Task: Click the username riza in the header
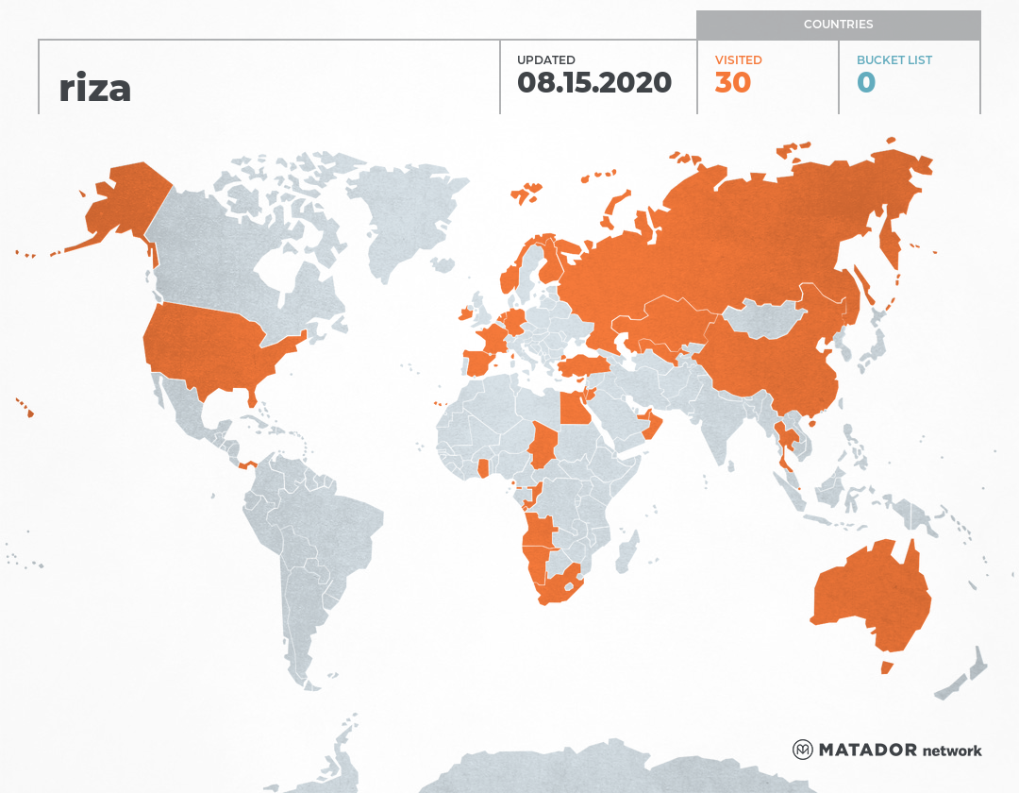click(94, 88)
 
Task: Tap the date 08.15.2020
click(593, 82)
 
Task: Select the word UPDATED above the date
click(545, 59)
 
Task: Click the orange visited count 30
click(732, 82)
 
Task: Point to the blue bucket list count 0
click(865, 82)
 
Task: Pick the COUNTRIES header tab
click(838, 25)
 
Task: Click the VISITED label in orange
click(738, 59)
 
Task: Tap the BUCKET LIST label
click(894, 59)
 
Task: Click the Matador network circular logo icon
click(802, 750)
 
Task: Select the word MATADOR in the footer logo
click(867, 750)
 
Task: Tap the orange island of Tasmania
click(886, 667)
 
